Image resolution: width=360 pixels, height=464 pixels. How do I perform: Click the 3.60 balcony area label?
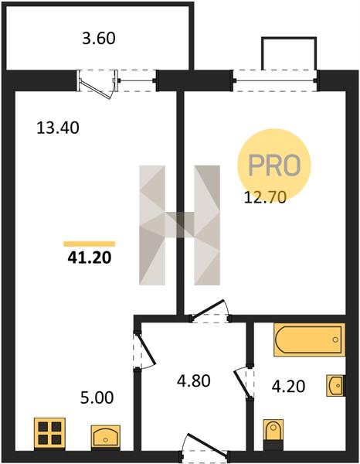tap(99, 39)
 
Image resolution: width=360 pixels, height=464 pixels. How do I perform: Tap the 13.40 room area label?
tap(58, 128)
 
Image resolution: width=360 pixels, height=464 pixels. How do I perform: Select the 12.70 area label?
tap(265, 197)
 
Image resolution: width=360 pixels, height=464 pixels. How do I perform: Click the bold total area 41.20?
tap(90, 258)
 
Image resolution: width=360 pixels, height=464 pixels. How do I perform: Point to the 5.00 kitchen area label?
tap(97, 397)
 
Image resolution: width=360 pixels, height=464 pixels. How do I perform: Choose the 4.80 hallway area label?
tap(194, 380)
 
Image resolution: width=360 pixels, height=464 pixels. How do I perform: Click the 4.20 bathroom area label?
tap(288, 387)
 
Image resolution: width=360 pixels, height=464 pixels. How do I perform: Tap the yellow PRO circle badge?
tap(274, 165)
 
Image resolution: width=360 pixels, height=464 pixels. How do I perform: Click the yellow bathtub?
tap(310, 339)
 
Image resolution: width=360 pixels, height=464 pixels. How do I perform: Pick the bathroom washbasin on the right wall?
tap(336, 386)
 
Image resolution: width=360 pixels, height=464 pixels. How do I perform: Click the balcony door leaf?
tap(96, 90)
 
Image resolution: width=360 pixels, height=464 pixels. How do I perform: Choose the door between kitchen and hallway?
tap(146, 350)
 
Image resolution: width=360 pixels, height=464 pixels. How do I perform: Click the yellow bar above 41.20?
tap(90, 244)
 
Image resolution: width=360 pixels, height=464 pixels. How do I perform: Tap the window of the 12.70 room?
tap(276, 80)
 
